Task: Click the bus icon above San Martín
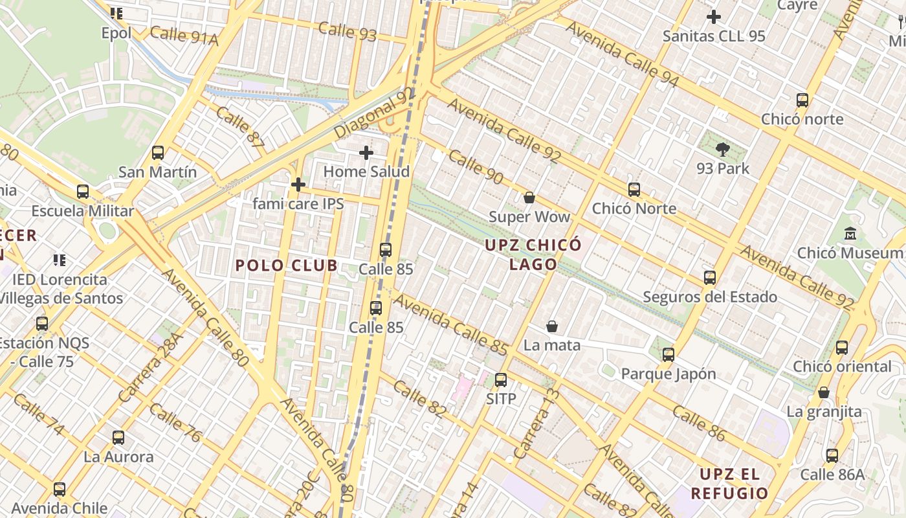pyautogui.click(x=158, y=153)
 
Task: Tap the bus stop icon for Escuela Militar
pyautogui.click(x=83, y=192)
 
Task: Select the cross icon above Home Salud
pyautogui.click(x=366, y=153)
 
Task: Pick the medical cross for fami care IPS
pyautogui.click(x=298, y=185)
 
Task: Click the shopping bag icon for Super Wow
pyautogui.click(x=529, y=197)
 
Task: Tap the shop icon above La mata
pyautogui.click(x=552, y=326)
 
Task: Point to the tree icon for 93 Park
pyautogui.click(x=722, y=150)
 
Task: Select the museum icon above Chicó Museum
pyautogui.click(x=850, y=233)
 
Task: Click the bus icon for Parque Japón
pyautogui.click(x=668, y=355)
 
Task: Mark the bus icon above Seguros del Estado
pyautogui.click(x=710, y=278)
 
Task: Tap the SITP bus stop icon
pyautogui.click(x=501, y=380)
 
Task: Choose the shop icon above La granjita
pyautogui.click(x=824, y=392)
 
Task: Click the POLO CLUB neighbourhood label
pyautogui.click(x=286, y=265)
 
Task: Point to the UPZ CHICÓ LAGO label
pyautogui.click(x=533, y=254)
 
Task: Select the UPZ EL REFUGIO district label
pyautogui.click(x=729, y=484)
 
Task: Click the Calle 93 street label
pyautogui.click(x=348, y=30)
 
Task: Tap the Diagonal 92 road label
pyautogui.click(x=375, y=114)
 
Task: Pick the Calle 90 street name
pyautogui.click(x=476, y=167)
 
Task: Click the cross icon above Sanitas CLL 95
pyautogui.click(x=714, y=17)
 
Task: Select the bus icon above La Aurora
pyautogui.click(x=118, y=438)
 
